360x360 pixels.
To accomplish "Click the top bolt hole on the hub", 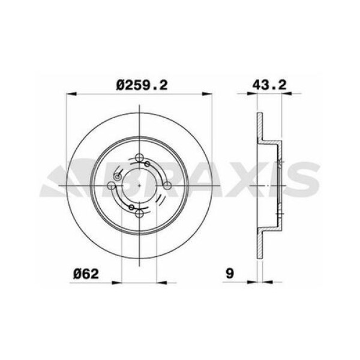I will coord(139,158).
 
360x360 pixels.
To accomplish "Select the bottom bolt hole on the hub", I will coord(139,213).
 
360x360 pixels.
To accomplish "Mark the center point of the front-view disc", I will coord(139,185).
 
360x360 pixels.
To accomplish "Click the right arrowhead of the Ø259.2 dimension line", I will coord(210,94).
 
